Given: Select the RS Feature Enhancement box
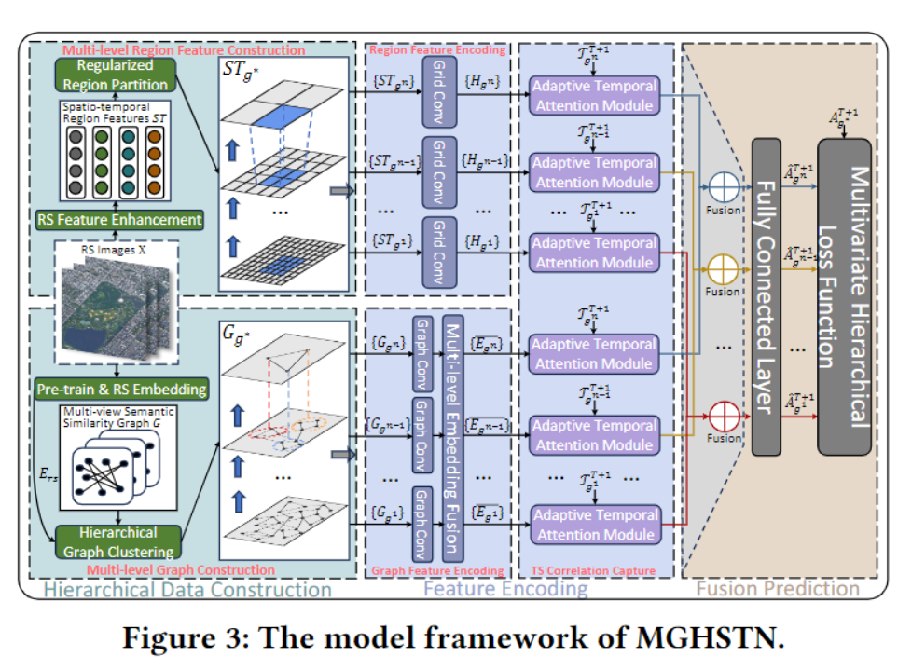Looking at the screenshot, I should coord(118,220).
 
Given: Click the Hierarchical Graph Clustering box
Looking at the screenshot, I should coord(117,540).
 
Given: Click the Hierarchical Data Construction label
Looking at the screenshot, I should coord(187,589).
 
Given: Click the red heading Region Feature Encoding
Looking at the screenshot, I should coord(436,48).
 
